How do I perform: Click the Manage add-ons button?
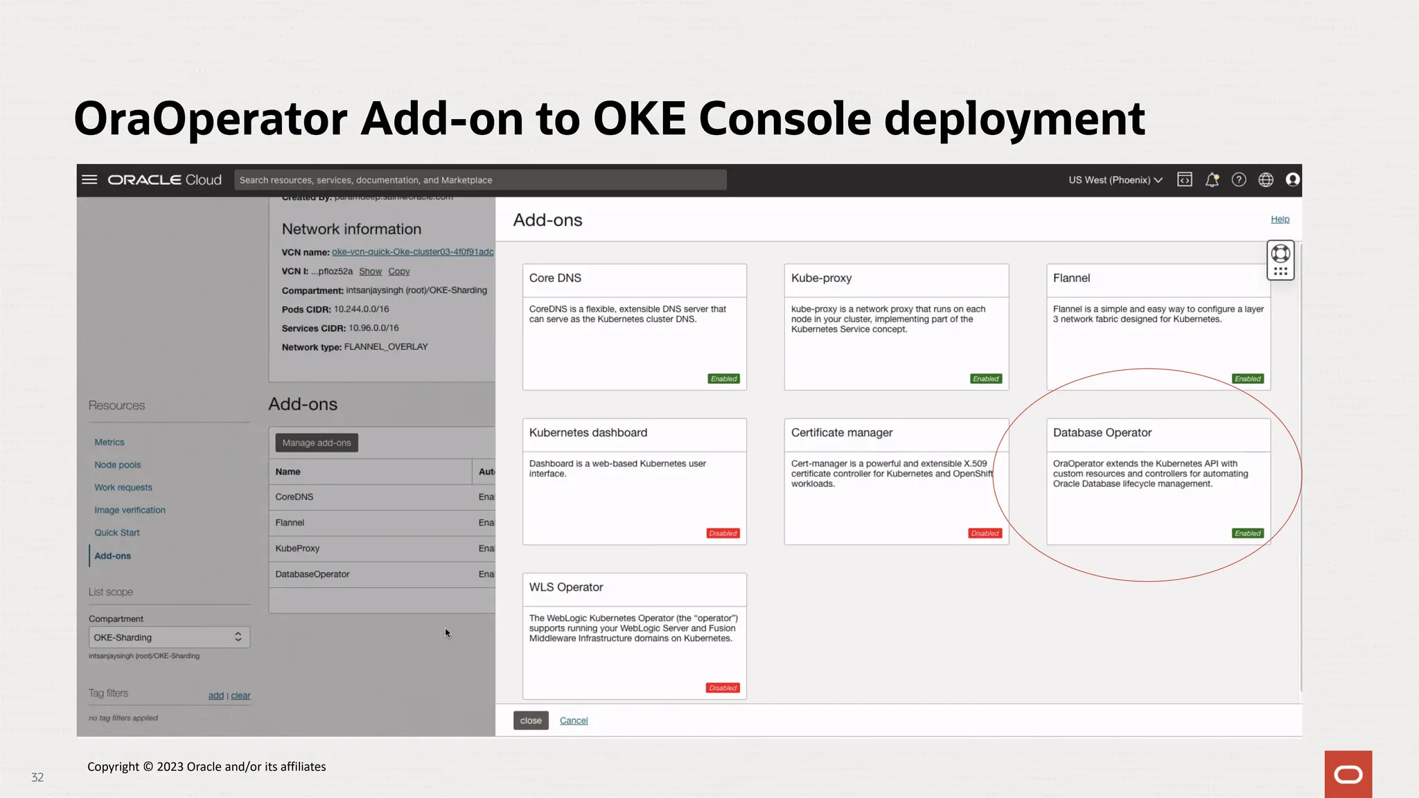(317, 443)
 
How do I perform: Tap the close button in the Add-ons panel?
(531, 720)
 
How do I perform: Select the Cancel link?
(574, 720)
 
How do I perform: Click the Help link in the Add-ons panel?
(1280, 219)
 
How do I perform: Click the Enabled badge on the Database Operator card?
(1248, 533)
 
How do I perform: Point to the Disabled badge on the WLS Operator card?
(723, 688)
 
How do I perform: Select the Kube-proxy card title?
(821, 278)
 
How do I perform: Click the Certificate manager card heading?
(842, 432)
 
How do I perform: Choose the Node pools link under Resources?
(118, 465)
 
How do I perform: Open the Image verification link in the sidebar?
(130, 510)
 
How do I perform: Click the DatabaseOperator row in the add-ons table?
(312, 574)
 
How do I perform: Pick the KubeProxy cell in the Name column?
(297, 548)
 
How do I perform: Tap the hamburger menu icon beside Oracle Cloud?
(89, 179)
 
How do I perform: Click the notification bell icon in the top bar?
(1212, 180)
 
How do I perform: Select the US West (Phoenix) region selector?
(1115, 180)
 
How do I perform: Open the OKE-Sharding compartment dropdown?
(169, 637)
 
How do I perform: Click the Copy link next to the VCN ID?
(399, 272)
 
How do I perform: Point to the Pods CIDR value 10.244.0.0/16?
(361, 309)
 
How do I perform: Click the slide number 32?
(37, 777)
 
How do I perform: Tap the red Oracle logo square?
(1348, 774)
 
